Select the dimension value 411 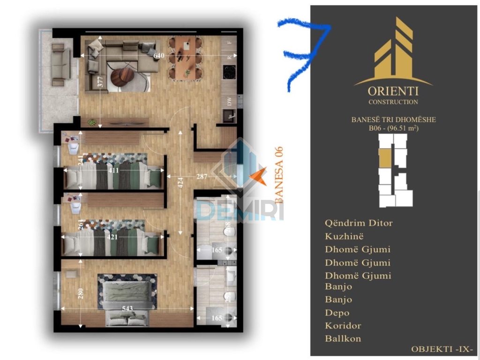pos(114,171)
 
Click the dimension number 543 pos(128,307)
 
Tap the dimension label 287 pos(202,178)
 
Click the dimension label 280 pos(81,293)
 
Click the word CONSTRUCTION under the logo pos(393,102)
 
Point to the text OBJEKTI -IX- pos(442,349)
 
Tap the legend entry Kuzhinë pos(345,236)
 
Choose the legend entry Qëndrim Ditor pos(359,223)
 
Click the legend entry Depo pos(337,313)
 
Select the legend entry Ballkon pos(343,338)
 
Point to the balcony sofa pos(60,65)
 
